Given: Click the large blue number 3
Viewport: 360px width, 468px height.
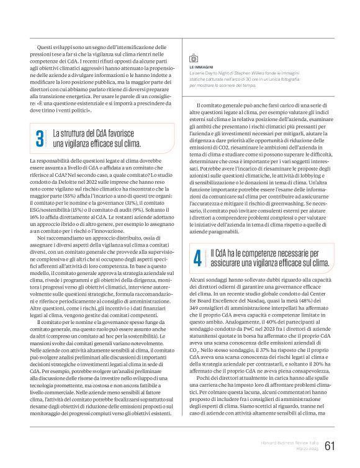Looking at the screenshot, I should [39, 140].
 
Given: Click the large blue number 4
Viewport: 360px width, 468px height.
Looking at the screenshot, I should [197, 259].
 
